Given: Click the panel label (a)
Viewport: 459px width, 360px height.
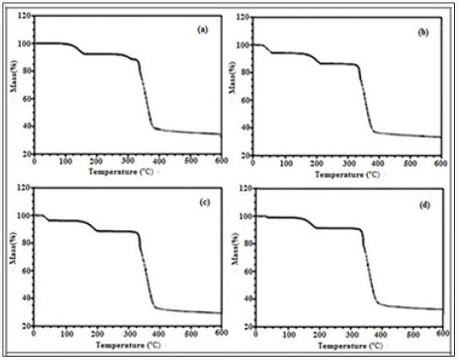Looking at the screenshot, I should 202,29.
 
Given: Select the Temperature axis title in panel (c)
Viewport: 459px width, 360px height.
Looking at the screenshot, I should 127,344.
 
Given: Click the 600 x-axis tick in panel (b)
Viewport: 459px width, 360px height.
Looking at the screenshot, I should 440,165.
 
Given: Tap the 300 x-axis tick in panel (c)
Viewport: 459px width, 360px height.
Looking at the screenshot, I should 127,334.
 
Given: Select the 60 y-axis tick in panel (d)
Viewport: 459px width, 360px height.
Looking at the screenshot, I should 245,271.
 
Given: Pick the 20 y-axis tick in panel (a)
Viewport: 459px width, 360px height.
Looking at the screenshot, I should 25,154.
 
